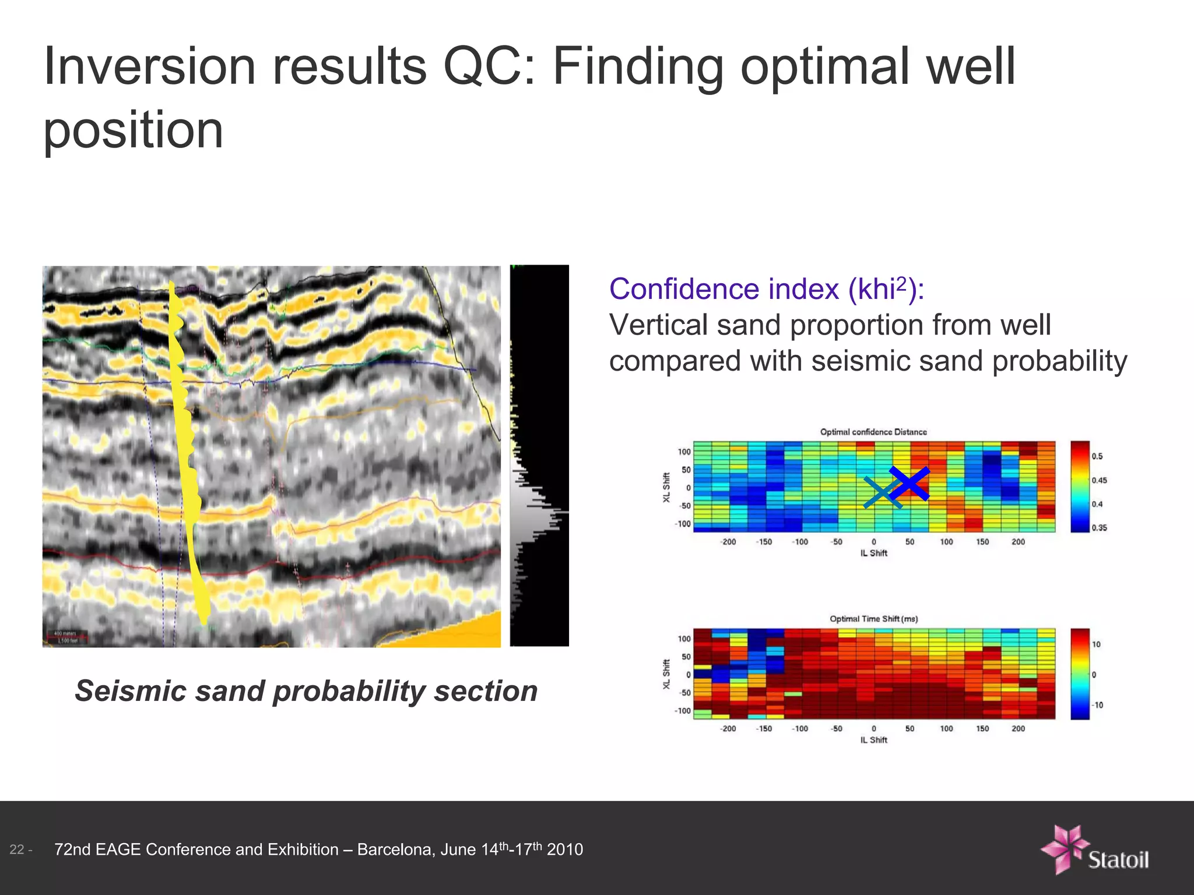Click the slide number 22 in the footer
pos(17,850)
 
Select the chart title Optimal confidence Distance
pos(873,432)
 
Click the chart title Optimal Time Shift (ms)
pos(873,619)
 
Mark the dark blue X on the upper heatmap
pos(909,484)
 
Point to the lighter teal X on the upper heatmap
pos(883,493)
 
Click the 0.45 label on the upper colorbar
pos(1099,480)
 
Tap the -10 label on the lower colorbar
pos(1097,705)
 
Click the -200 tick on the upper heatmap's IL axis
pos(728,542)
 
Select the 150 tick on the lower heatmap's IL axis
pos(982,728)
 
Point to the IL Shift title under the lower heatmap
pos(873,740)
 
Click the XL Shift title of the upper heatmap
pos(666,488)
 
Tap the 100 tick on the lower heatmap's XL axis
pos(683,639)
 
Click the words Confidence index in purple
pos(723,289)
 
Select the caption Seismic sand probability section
pos(306,691)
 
